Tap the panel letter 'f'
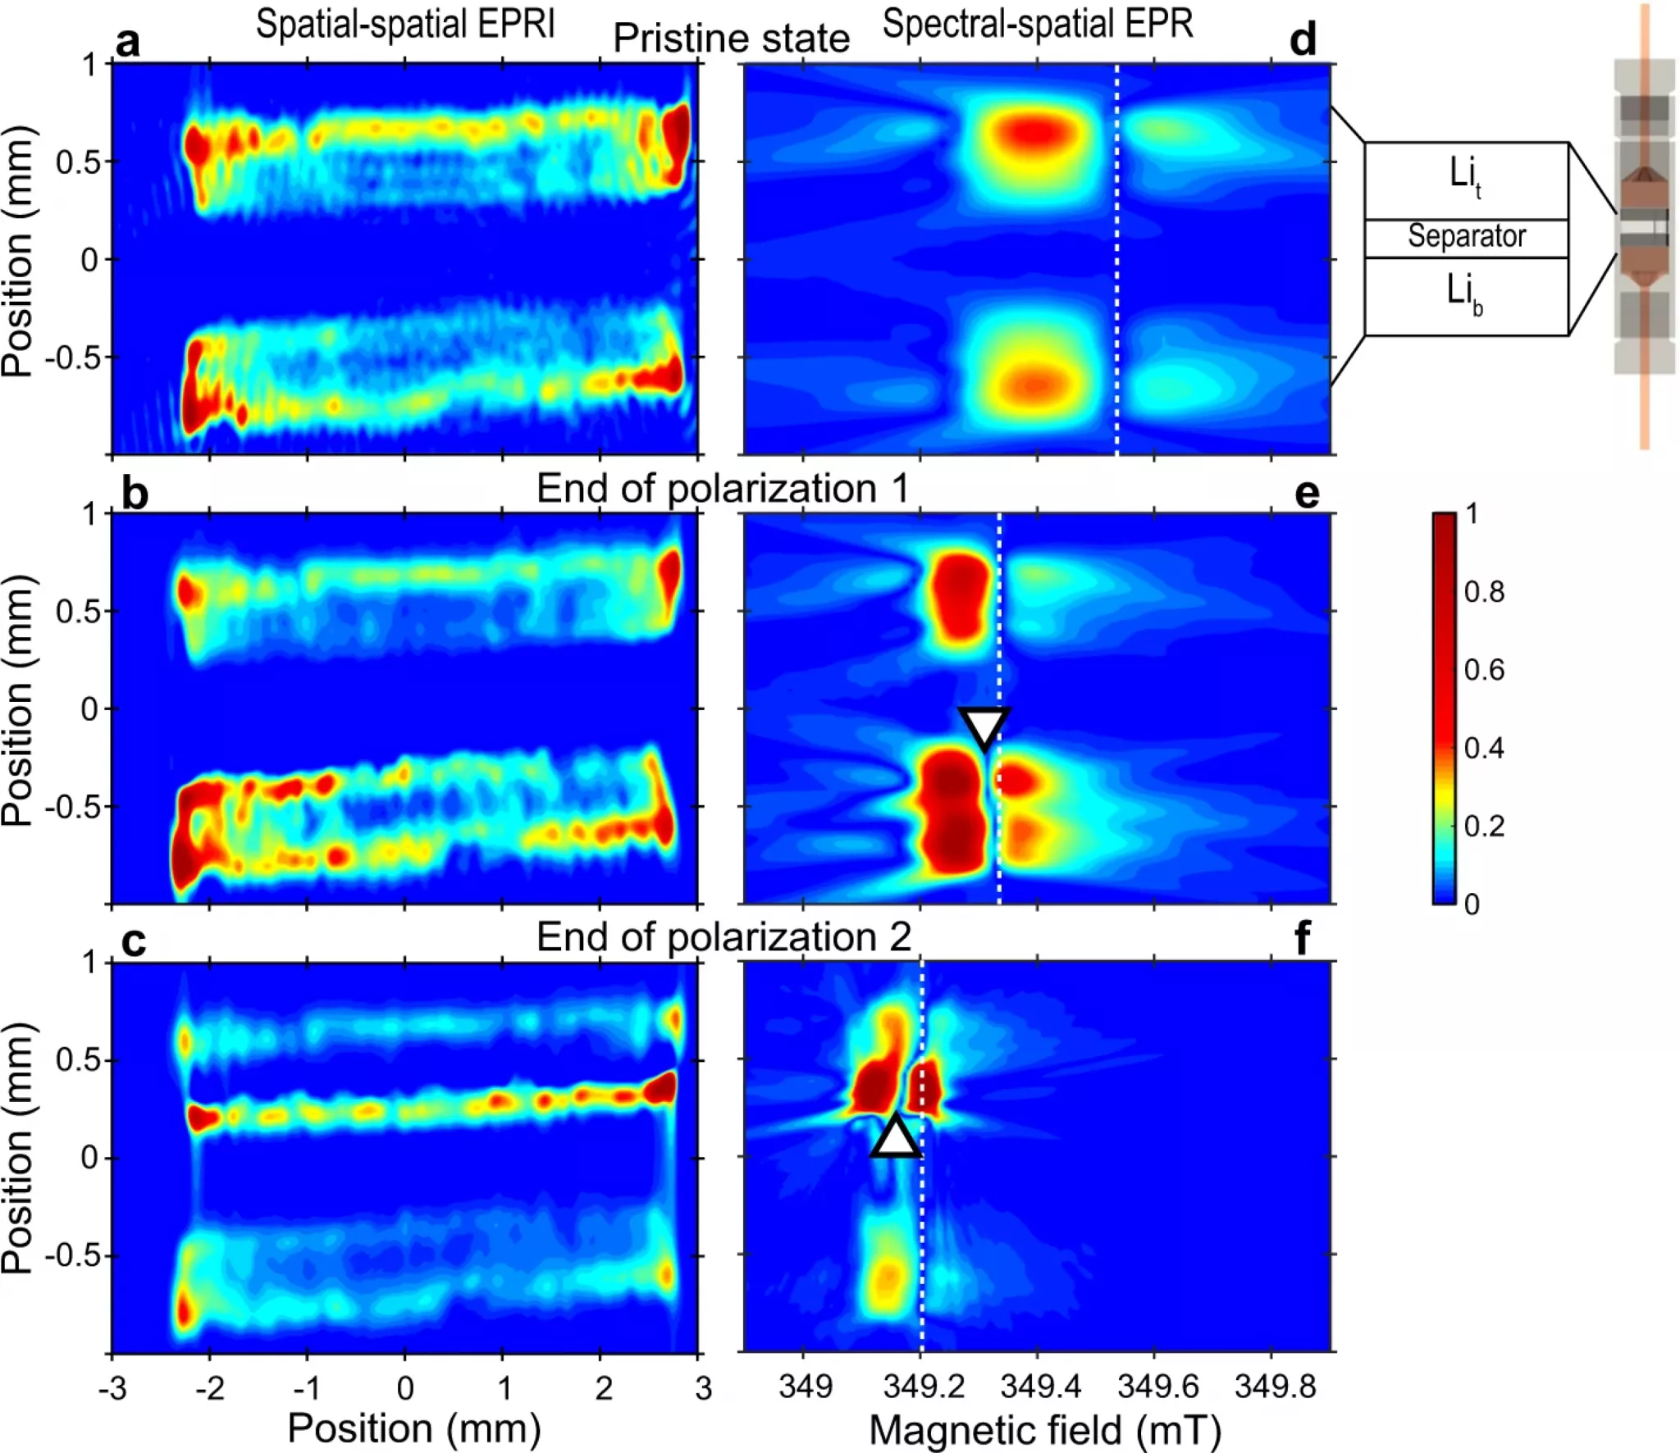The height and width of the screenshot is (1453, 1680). [x=1302, y=937]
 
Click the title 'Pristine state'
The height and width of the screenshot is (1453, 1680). [x=731, y=39]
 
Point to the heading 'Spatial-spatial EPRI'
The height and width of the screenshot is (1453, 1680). [x=405, y=24]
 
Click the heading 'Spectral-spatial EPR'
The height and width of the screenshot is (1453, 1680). [x=1037, y=24]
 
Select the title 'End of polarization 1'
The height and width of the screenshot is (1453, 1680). [x=723, y=489]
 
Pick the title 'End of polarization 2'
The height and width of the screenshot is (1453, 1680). [x=724, y=936]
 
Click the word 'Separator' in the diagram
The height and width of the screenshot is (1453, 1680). [x=1467, y=236]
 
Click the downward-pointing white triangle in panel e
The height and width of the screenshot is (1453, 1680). [x=984, y=726]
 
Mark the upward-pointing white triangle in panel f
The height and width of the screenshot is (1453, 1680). [x=896, y=1138]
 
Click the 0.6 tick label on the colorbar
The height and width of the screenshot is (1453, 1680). [x=1484, y=670]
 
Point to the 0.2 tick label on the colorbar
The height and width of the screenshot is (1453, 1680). [x=1484, y=826]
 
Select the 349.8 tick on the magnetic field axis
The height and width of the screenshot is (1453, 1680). [x=1275, y=1387]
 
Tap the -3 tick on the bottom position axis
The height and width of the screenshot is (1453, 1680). [x=112, y=1388]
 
